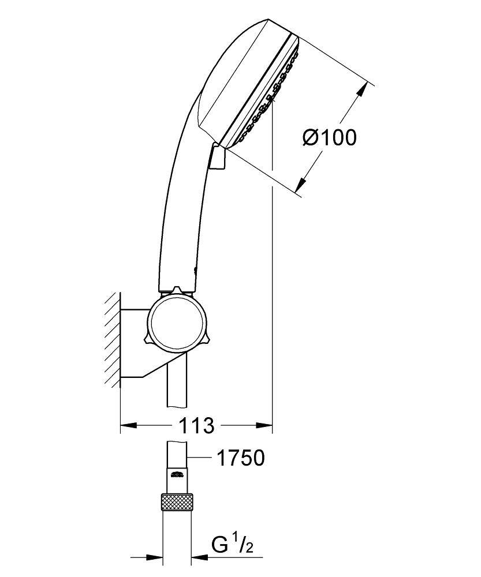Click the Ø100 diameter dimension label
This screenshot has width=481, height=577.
tap(329, 137)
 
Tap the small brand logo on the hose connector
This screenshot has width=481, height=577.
tap(177, 475)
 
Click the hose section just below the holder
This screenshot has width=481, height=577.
tap(177, 387)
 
